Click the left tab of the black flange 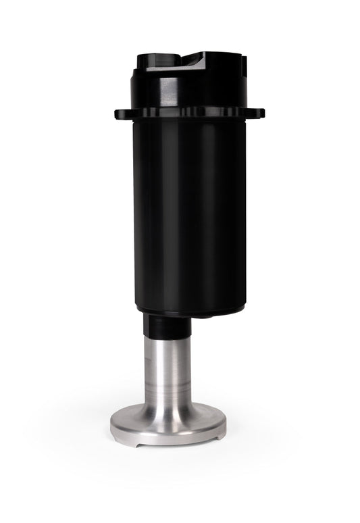click(x=121, y=113)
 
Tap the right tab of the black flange click(x=258, y=113)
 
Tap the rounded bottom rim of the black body click(x=189, y=309)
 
